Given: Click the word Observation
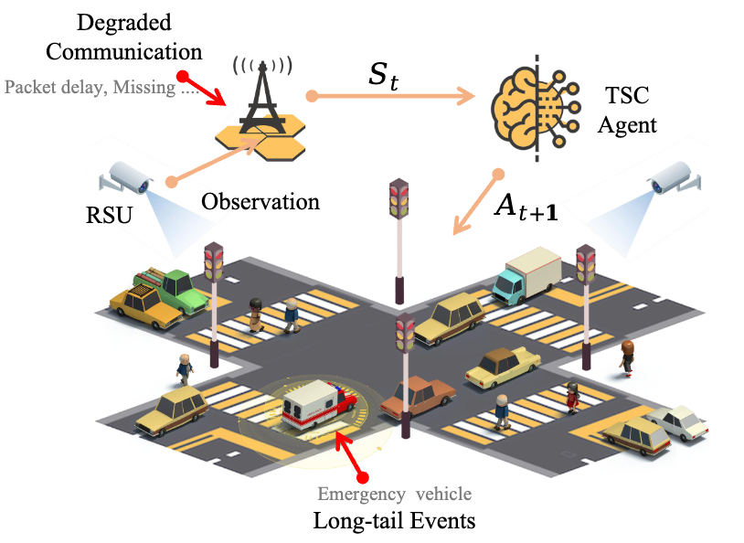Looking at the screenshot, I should coord(260,201).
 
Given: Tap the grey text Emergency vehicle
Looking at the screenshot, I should coord(394,495).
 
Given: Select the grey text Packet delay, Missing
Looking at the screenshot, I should coord(101,89).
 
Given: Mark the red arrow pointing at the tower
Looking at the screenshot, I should coord(202,88).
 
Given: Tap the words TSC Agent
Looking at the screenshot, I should coord(626,110).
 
